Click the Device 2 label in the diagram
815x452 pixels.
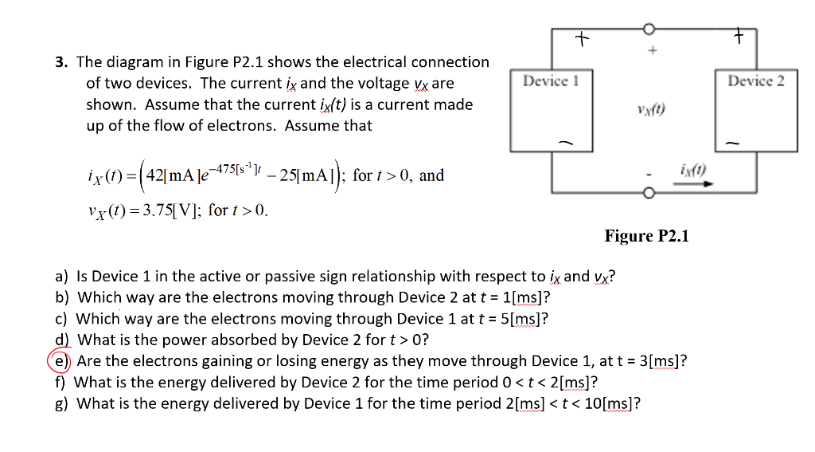click(x=755, y=81)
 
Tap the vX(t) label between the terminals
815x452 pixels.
click(x=650, y=111)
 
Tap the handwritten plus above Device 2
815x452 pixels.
click(x=739, y=36)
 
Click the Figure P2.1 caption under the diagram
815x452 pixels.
click(x=646, y=236)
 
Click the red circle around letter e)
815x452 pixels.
click(x=62, y=360)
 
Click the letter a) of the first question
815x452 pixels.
click(x=62, y=277)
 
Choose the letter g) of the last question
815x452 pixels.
click(x=61, y=403)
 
